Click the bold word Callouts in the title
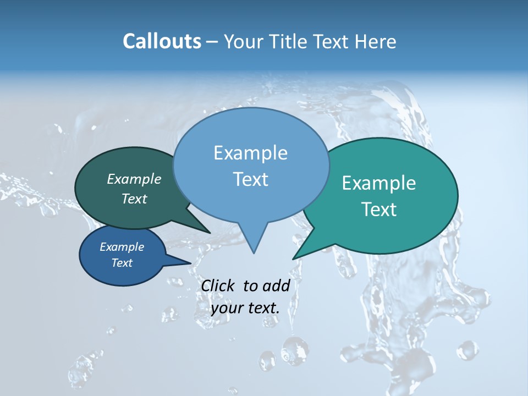point(162,41)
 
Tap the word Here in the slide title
point(377,41)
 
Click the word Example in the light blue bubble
point(250,153)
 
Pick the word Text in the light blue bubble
point(250,179)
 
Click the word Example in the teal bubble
point(379,183)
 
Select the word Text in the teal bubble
point(379,209)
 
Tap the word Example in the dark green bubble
point(134,179)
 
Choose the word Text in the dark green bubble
point(134,199)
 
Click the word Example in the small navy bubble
point(122,247)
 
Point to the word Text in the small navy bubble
point(122,263)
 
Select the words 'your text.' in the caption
point(245,308)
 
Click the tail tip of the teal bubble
point(294,258)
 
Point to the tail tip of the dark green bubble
point(210,232)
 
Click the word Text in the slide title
point(334,41)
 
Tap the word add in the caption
point(276,285)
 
